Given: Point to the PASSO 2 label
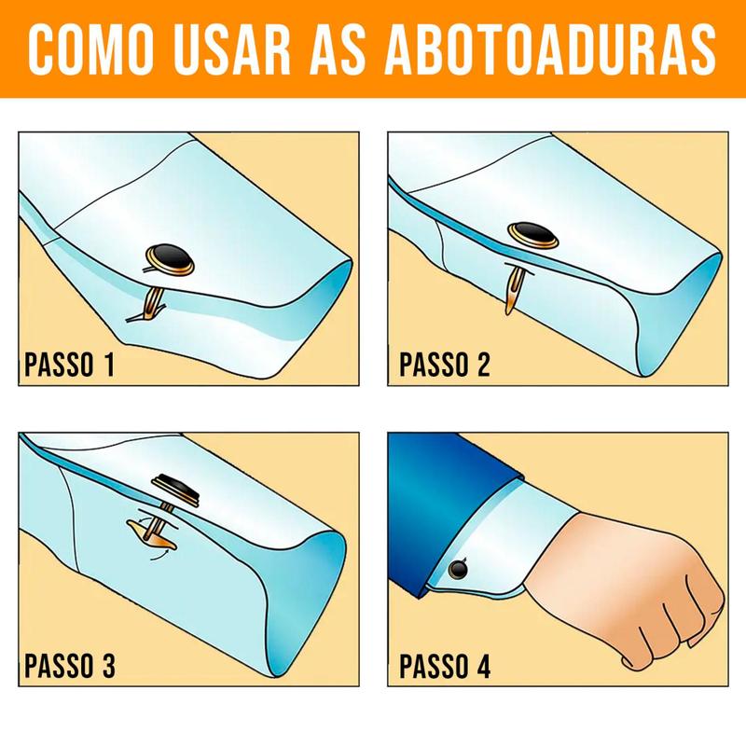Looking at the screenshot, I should coord(444,364).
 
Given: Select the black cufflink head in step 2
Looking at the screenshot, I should coord(532,234).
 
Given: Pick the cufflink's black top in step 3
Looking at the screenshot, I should coord(174,484).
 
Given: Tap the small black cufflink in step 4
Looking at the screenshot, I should coord(458,567).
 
